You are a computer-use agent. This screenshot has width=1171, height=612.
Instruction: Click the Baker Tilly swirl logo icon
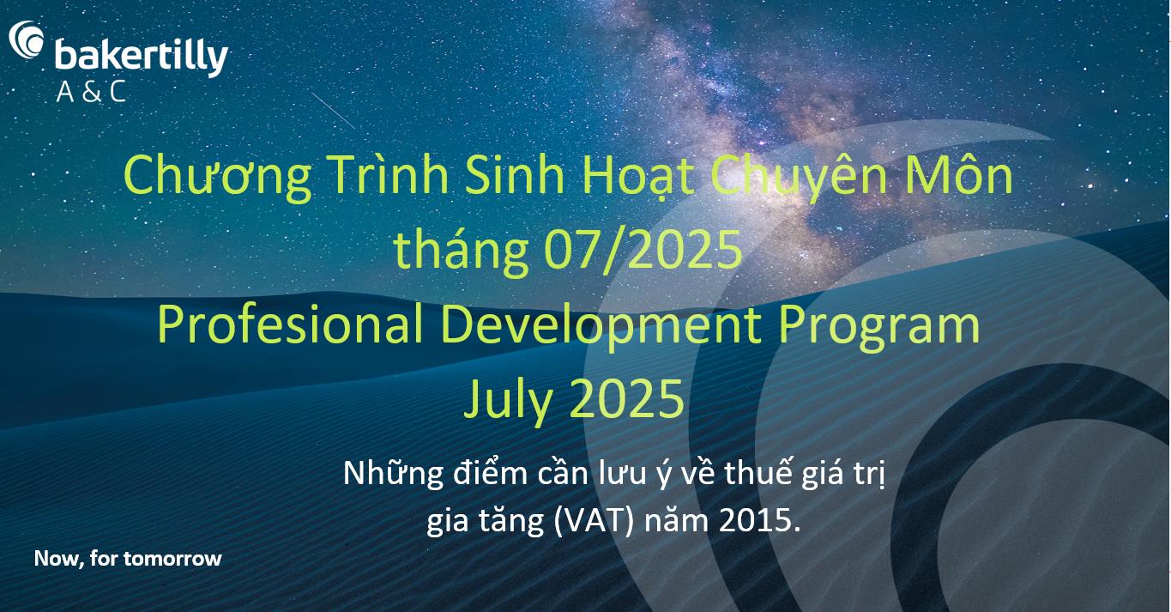pos(26,39)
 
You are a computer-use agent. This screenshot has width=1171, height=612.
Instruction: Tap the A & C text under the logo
pos(92,92)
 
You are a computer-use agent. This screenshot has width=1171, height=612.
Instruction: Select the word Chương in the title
pos(218,177)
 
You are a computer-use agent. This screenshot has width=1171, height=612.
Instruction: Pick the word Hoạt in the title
pos(637,177)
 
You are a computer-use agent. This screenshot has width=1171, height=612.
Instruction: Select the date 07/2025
pos(643,250)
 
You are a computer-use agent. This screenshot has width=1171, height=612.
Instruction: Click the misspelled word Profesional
pos(290,324)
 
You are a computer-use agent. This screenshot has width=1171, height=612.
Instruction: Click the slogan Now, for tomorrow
pos(128,559)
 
